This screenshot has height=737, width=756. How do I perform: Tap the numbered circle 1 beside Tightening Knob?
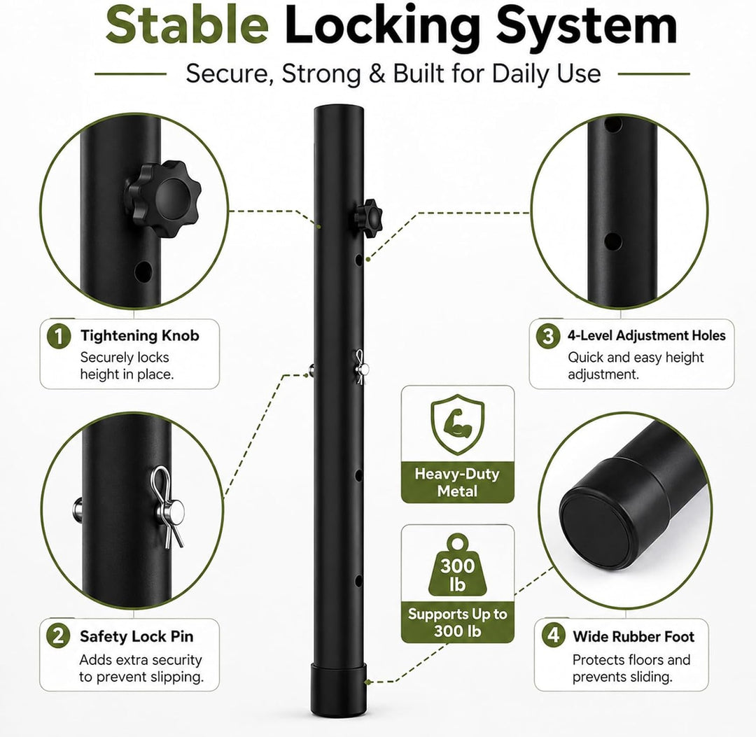[59, 335]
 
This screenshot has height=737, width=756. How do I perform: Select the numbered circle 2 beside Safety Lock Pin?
[58, 636]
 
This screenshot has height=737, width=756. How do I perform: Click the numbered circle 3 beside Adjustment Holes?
[548, 335]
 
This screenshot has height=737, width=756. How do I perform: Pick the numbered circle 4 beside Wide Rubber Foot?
[554, 635]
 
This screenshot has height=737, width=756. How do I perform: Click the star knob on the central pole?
[369, 218]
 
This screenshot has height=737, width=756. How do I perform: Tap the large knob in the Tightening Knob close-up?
[163, 199]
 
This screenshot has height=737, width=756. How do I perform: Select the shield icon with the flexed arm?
[458, 424]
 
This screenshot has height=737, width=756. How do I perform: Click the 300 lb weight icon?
[458, 564]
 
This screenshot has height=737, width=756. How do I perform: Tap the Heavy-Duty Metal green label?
[458, 482]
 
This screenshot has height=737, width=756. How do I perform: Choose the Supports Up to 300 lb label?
[458, 622]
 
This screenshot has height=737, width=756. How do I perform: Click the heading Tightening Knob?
[140, 335]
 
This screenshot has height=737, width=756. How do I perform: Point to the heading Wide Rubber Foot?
[633, 636]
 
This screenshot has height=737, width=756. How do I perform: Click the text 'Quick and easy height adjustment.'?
[636, 365]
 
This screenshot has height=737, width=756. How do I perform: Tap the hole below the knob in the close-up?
[143, 272]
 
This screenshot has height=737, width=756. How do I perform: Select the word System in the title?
[587, 27]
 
